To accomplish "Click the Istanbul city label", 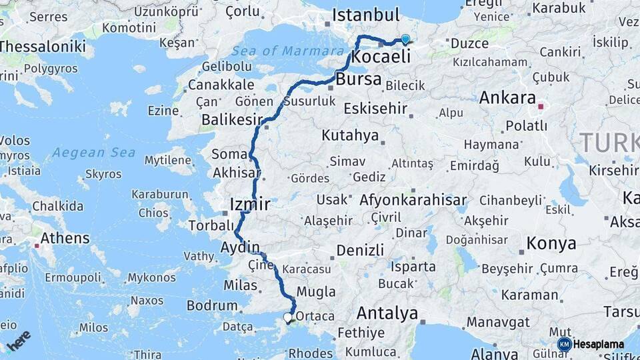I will pos(365,15).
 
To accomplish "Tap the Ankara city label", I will pos(507,98).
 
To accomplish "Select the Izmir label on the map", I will pos(249,204).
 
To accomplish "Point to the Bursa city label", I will pos(359,79).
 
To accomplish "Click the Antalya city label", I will pos(387,313).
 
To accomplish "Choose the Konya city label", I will pos(551,244).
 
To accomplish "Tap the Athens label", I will pos(65,238).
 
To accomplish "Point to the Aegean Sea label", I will pos(93,152).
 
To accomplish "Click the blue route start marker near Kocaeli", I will pos(405,39).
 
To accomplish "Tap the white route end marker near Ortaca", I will pos(288,318).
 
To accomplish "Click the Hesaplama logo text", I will pos(598,344).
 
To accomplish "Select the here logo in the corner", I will pos(19,341).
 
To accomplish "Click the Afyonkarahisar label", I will pos(413,200).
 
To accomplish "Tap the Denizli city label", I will pos(360,250).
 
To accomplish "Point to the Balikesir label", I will pos(232,120).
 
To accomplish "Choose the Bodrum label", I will pos(212,305).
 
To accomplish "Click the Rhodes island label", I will pos(311,352).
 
